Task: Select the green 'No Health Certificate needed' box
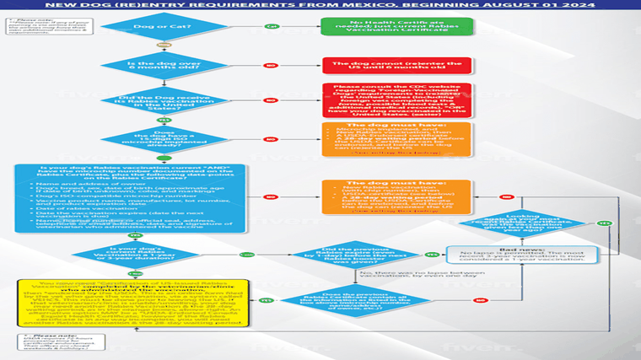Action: pos(396,26)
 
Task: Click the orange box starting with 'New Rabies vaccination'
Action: pos(396,200)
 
